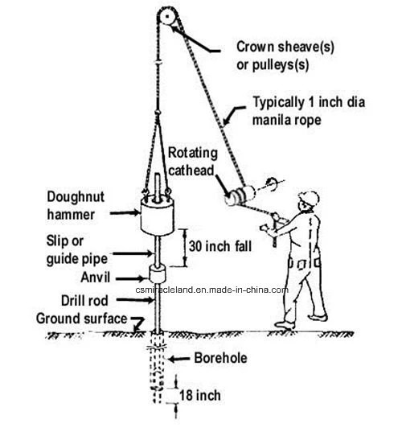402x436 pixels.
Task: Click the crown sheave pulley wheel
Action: click(x=167, y=16)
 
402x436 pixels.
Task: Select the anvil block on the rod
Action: click(x=158, y=274)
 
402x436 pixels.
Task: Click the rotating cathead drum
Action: click(x=240, y=195)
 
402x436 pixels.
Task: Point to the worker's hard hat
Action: click(x=310, y=198)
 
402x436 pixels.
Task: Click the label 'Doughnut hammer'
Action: click(x=76, y=206)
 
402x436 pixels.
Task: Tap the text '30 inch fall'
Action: click(x=220, y=246)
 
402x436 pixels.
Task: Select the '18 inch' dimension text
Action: click(x=200, y=396)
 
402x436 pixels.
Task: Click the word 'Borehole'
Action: click(x=220, y=358)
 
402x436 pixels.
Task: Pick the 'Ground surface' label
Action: click(x=82, y=319)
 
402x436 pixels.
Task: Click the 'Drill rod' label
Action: click(x=84, y=301)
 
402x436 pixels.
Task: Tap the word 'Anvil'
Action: click(x=96, y=278)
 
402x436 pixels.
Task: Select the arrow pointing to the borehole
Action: click(x=178, y=359)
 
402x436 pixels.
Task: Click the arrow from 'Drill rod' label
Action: click(x=135, y=300)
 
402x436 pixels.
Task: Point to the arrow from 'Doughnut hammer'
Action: click(x=125, y=213)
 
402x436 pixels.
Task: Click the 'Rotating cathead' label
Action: click(x=192, y=162)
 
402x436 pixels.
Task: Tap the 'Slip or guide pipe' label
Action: click(x=77, y=250)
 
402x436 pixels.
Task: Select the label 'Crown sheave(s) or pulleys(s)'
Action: click(x=285, y=56)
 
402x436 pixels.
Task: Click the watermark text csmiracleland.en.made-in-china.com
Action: click(x=211, y=290)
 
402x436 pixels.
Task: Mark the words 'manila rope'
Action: click(x=287, y=120)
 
